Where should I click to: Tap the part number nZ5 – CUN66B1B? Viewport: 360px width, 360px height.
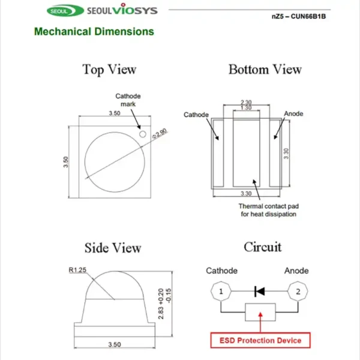click(298, 16)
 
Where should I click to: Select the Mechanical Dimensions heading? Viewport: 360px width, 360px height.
click(94, 32)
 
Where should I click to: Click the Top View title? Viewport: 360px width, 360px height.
click(109, 70)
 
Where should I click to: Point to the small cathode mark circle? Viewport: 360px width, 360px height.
click(143, 135)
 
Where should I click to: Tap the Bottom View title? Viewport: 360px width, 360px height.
click(265, 70)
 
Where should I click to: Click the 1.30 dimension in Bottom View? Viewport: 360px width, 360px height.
click(246, 108)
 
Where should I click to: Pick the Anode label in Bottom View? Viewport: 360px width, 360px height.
click(293, 114)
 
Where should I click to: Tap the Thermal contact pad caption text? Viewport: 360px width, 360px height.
click(269, 210)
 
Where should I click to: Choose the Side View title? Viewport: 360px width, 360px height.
click(113, 248)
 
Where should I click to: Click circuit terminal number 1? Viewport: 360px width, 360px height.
click(221, 292)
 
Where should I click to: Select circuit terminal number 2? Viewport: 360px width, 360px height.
click(296, 292)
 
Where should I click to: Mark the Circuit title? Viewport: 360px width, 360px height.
click(263, 247)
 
